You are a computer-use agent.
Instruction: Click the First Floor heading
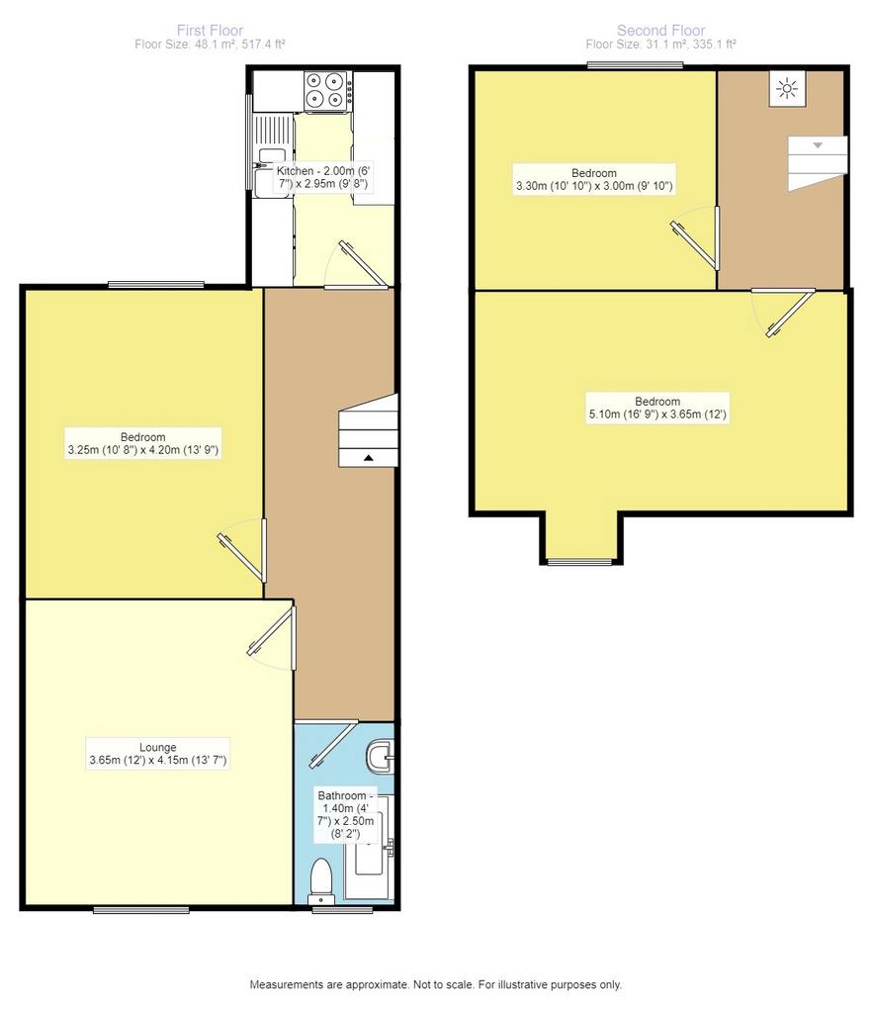pyautogui.click(x=210, y=31)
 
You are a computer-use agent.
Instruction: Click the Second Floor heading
pyautogui.click(x=661, y=31)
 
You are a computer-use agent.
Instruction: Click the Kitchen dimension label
pyautogui.click(x=323, y=177)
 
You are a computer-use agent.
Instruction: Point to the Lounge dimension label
pyautogui.click(x=158, y=754)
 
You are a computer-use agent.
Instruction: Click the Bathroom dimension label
pyautogui.click(x=345, y=815)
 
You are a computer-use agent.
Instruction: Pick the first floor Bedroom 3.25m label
pyautogui.click(x=143, y=443)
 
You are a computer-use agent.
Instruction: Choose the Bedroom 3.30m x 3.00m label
pyautogui.click(x=594, y=180)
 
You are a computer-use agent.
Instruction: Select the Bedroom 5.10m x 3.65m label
pyautogui.click(x=657, y=408)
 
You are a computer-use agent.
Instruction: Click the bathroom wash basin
pyautogui.click(x=380, y=757)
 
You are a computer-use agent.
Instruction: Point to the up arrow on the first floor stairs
pyautogui.click(x=368, y=458)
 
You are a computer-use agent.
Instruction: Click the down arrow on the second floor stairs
pyautogui.click(x=818, y=145)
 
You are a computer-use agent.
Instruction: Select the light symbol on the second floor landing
pyautogui.click(x=788, y=88)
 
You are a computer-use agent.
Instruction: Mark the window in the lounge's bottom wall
pyautogui.click(x=141, y=910)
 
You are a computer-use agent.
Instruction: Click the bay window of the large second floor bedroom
pyautogui.click(x=579, y=562)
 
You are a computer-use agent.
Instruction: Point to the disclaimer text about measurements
pyautogui.click(x=436, y=984)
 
